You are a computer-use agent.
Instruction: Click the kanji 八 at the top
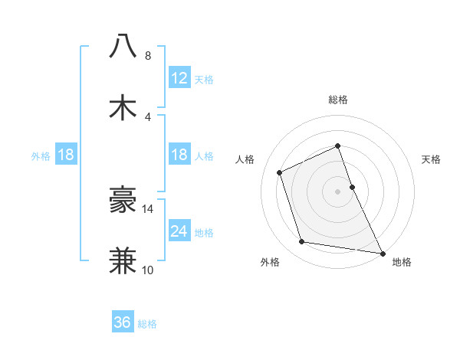[123, 47]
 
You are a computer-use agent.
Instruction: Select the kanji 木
[123, 106]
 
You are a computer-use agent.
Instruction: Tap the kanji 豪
[123, 200]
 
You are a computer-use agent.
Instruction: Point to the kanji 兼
[123, 260]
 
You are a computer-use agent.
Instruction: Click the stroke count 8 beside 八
[148, 56]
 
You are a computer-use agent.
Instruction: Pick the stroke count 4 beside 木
[148, 116]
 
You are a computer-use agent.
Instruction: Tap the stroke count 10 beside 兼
[148, 270]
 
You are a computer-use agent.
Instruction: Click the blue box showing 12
[179, 78]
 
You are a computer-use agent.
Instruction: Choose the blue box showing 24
[179, 231]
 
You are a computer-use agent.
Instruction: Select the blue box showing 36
[123, 322]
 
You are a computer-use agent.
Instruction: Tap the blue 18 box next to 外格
[65, 155]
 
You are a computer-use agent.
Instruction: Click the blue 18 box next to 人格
[179, 155]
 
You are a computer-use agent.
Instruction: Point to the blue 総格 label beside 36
[147, 324]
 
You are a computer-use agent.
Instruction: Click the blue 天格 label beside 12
[204, 80]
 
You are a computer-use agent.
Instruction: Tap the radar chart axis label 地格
[402, 262]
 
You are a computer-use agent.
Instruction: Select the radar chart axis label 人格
[245, 159]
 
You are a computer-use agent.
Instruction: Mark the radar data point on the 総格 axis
[337, 146]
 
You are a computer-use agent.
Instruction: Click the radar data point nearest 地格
[382, 252]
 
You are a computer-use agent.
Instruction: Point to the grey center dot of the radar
[337, 191]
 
